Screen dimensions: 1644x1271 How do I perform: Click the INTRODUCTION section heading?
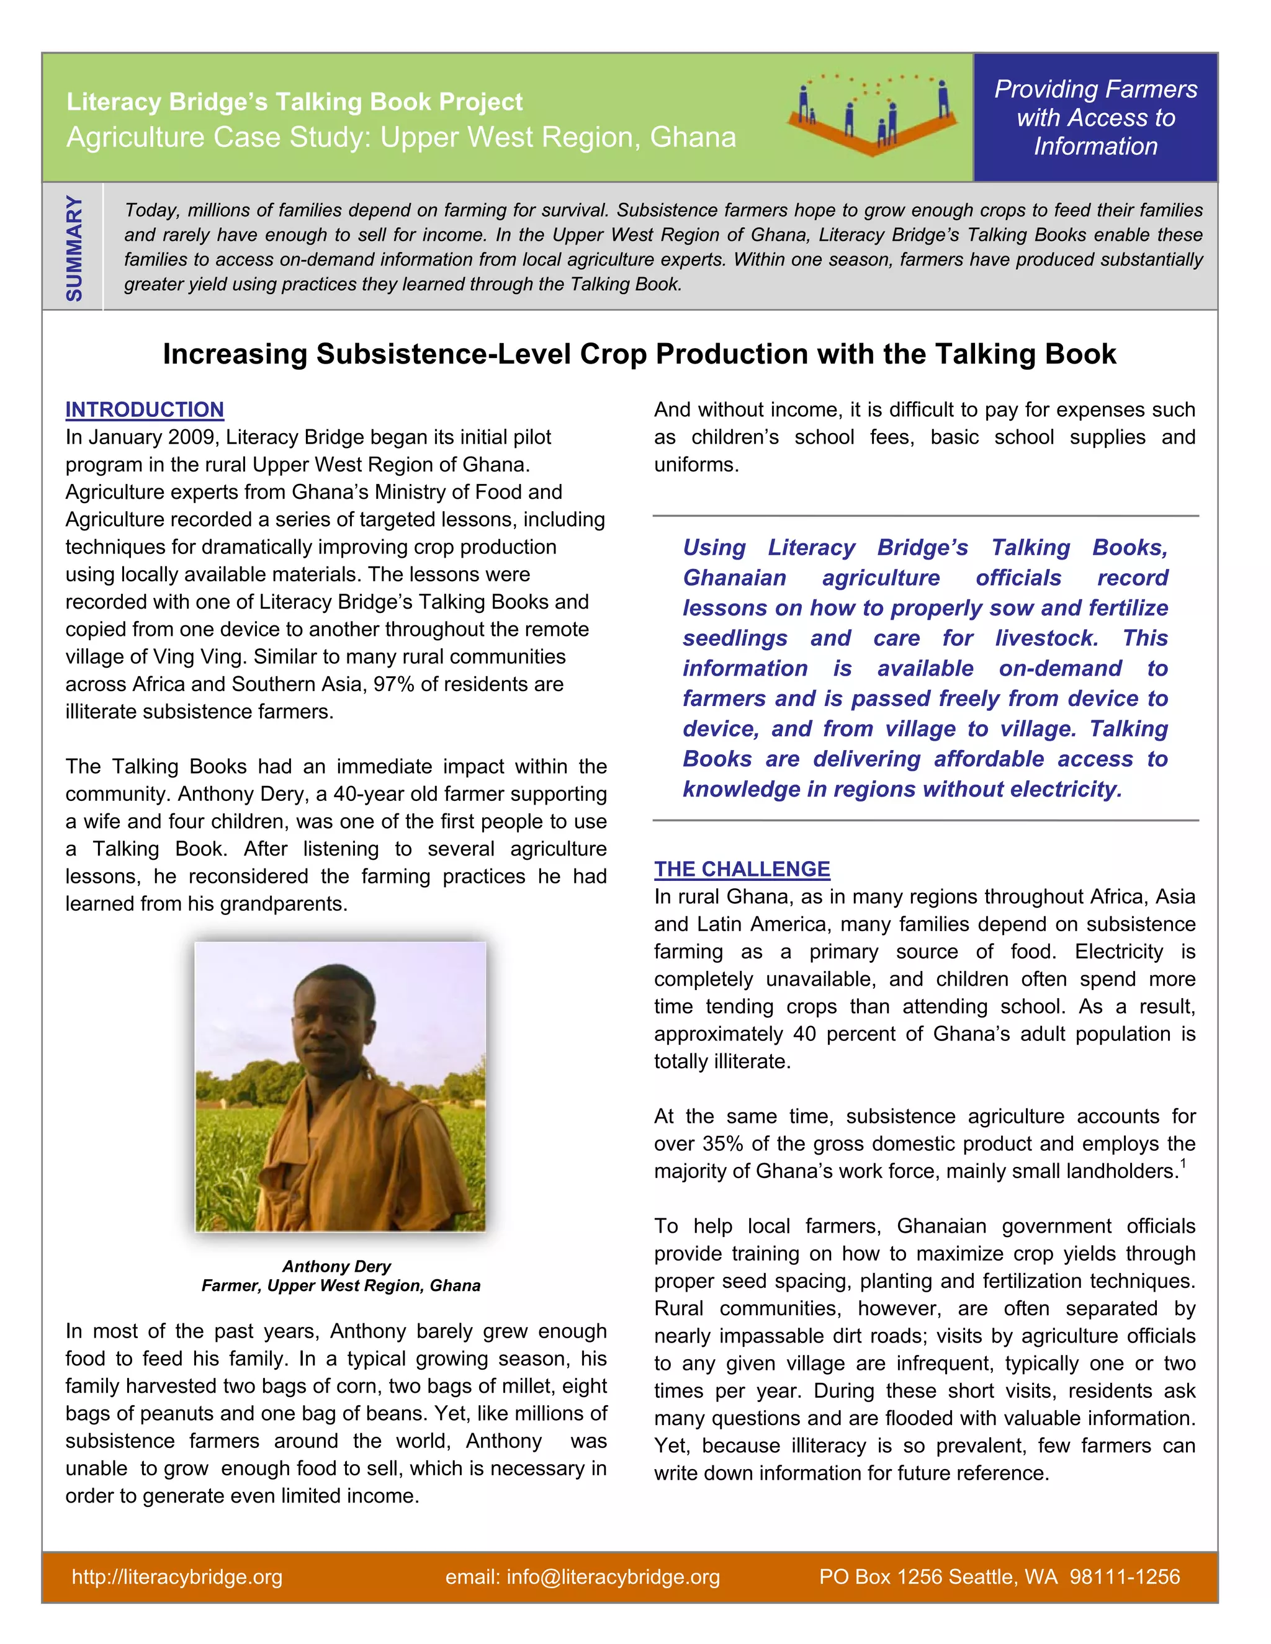(145, 409)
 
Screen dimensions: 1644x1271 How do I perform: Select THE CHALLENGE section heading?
(742, 869)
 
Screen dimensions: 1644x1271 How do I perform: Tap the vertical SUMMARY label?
(74, 248)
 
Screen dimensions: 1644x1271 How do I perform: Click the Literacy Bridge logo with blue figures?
(872, 114)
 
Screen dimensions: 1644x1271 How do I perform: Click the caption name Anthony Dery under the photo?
(336, 1266)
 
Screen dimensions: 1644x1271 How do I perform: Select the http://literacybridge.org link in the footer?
(177, 1577)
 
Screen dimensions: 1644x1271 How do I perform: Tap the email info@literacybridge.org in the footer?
(582, 1577)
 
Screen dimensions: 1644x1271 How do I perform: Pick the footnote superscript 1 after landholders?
(1183, 1164)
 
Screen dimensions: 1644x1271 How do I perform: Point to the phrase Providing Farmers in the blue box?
(1095, 89)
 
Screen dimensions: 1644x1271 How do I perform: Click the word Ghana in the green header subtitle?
(693, 138)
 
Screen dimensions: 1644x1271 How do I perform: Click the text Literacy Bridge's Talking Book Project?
(294, 102)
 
